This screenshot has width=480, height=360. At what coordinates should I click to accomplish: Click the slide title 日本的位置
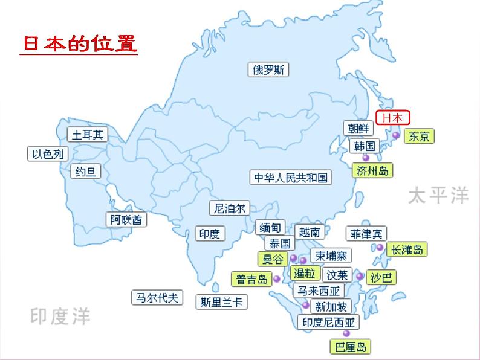pyautogui.click(x=80, y=44)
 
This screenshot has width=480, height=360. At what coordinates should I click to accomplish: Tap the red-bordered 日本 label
pyautogui.click(x=392, y=118)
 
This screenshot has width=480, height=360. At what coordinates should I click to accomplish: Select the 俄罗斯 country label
pyautogui.click(x=268, y=69)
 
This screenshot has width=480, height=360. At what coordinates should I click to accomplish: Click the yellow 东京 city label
pyautogui.click(x=419, y=137)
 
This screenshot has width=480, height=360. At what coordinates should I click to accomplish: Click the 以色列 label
pyautogui.click(x=47, y=153)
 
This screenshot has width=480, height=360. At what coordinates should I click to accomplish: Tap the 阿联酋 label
pyautogui.click(x=126, y=220)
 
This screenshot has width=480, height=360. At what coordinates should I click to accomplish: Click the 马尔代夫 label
pyautogui.click(x=157, y=297)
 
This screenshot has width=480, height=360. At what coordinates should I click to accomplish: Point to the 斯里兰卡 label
pyautogui.click(x=222, y=301)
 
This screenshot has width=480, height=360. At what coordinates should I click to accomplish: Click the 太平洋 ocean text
pyautogui.click(x=438, y=195)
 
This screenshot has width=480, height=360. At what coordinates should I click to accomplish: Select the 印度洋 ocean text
pyautogui.click(x=60, y=315)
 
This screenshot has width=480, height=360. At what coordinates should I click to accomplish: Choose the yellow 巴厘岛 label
pyautogui.click(x=350, y=347)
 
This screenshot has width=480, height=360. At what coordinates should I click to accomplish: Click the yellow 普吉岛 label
pyautogui.click(x=251, y=279)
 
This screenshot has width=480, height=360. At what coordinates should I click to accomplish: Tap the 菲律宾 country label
pyautogui.click(x=367, y=233)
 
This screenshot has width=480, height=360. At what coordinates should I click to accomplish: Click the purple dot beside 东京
pyautogui.click(x=396, y=136)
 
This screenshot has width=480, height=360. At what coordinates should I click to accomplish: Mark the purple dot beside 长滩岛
pyautogui.click(x=380, y=248)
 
